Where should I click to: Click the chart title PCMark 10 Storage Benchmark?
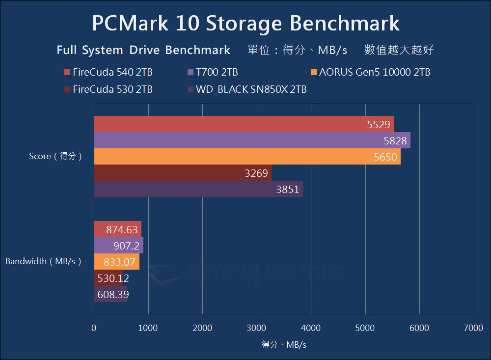(x=245, y=23)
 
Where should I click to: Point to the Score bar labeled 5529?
(x=244, y=124)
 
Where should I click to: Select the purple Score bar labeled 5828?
(x=252, y=140)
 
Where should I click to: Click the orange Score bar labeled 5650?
(x=247, y=157)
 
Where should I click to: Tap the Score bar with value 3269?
(x=182, y=173)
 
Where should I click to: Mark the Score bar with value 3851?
(x=198, y=189)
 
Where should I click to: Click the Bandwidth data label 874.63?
(x=122, y=229)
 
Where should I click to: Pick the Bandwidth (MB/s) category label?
(x=43, y=261)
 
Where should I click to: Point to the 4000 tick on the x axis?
(x=311, y=328)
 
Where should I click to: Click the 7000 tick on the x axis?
(x=473, y=328)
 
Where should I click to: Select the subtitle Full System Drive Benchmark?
(x=143, y=50)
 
